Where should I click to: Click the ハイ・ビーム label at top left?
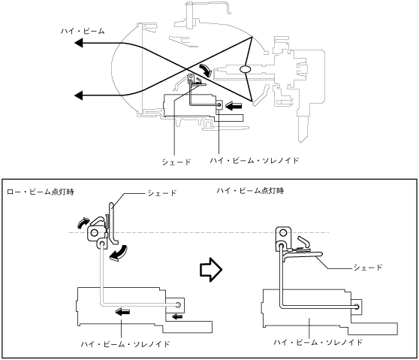83,32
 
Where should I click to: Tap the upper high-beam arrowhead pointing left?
79,43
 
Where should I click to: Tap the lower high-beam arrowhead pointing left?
79,95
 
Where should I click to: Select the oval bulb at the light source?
245,69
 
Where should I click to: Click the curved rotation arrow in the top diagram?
205,70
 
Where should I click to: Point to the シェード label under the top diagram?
176,162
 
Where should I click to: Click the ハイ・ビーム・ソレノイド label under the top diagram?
254,161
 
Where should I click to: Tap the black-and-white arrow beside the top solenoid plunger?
234,107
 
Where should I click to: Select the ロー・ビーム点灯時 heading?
41,192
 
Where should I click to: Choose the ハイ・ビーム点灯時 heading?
250,191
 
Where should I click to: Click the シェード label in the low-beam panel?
162,193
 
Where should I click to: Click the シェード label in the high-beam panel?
368,268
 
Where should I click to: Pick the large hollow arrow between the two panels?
211,270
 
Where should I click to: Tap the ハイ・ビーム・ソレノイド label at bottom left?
125,344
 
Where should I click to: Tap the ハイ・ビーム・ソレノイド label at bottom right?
318,343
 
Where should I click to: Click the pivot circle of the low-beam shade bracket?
95,233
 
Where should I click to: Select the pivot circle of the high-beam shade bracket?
283,233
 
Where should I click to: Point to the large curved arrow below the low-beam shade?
119,253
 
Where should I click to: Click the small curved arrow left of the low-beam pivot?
83,222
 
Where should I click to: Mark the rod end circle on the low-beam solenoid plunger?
178,305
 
